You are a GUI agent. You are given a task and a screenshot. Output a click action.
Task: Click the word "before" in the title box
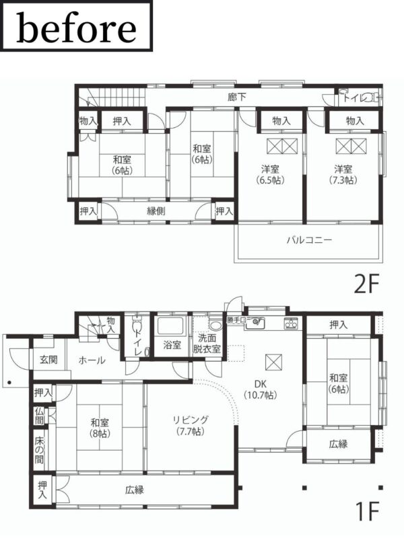pyautogui.click(x=76, y=28)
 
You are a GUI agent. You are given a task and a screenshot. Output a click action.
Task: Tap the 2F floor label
pyautogui.click(x=366, y=284)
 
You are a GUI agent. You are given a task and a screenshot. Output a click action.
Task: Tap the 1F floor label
pyautogui.click(x=367, y=511)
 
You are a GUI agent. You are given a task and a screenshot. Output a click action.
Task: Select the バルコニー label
pyautogui.click(x=310, y=239)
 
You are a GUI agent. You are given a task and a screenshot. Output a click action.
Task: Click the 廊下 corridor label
pyautogui.click(x=237, y=98)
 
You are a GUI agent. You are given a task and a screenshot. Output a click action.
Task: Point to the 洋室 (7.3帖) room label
pyautogui.click(x=343, y=174)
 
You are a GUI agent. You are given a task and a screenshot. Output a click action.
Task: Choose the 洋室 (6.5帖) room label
pyautogui.click(x=270, y=174)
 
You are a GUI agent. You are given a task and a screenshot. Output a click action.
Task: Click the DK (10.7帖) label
pyautogui.click(x=261, y=389)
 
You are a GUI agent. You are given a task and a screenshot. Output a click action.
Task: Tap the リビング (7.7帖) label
pyautogui.click(x=191, y=426)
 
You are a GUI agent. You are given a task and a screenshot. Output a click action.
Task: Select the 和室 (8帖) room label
pyautogui.click(x=100, y=428)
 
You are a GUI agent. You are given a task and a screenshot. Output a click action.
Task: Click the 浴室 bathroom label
pyautogui.click(x=172, y=344)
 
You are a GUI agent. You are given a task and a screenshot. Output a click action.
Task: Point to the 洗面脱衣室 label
pyautogui.click(x=207, y=344)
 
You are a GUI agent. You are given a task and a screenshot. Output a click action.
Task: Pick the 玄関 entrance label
pyautogui.click(x=48, y=360)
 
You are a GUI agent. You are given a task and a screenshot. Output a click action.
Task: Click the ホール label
pyautogui.click(x=92, y=360)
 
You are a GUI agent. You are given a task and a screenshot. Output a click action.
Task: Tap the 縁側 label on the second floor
pyautogui.click(x=156, y=211)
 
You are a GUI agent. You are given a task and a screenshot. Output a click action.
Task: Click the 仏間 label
pyautogui.click(x=39, y=416)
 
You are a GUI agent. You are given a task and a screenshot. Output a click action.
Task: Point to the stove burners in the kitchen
pyautogui.click(x=291, y=323)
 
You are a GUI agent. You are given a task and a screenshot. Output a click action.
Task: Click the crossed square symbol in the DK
pyautogui.click(x=274, y=362)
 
